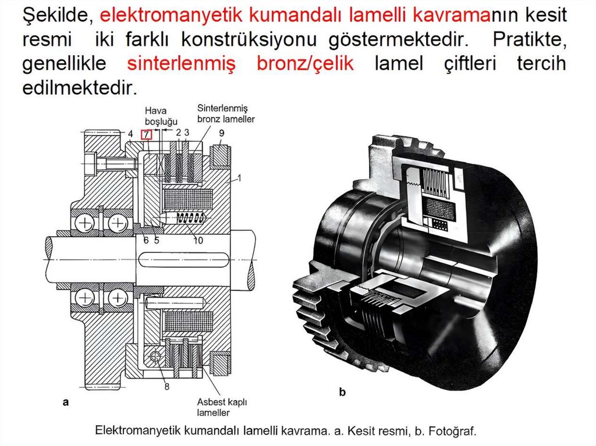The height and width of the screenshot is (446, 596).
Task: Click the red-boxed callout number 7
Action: click(147, 134)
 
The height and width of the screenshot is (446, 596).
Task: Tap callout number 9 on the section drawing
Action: click(222, 133)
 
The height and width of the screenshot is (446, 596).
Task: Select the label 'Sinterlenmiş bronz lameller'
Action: click(226, 113)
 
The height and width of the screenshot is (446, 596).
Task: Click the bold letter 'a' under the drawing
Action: click(66, 401)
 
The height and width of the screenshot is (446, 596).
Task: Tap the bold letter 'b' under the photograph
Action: click(342, 393)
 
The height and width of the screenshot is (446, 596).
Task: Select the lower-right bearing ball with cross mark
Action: click(118, 298)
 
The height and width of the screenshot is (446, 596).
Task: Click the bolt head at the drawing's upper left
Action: click(91, 161)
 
